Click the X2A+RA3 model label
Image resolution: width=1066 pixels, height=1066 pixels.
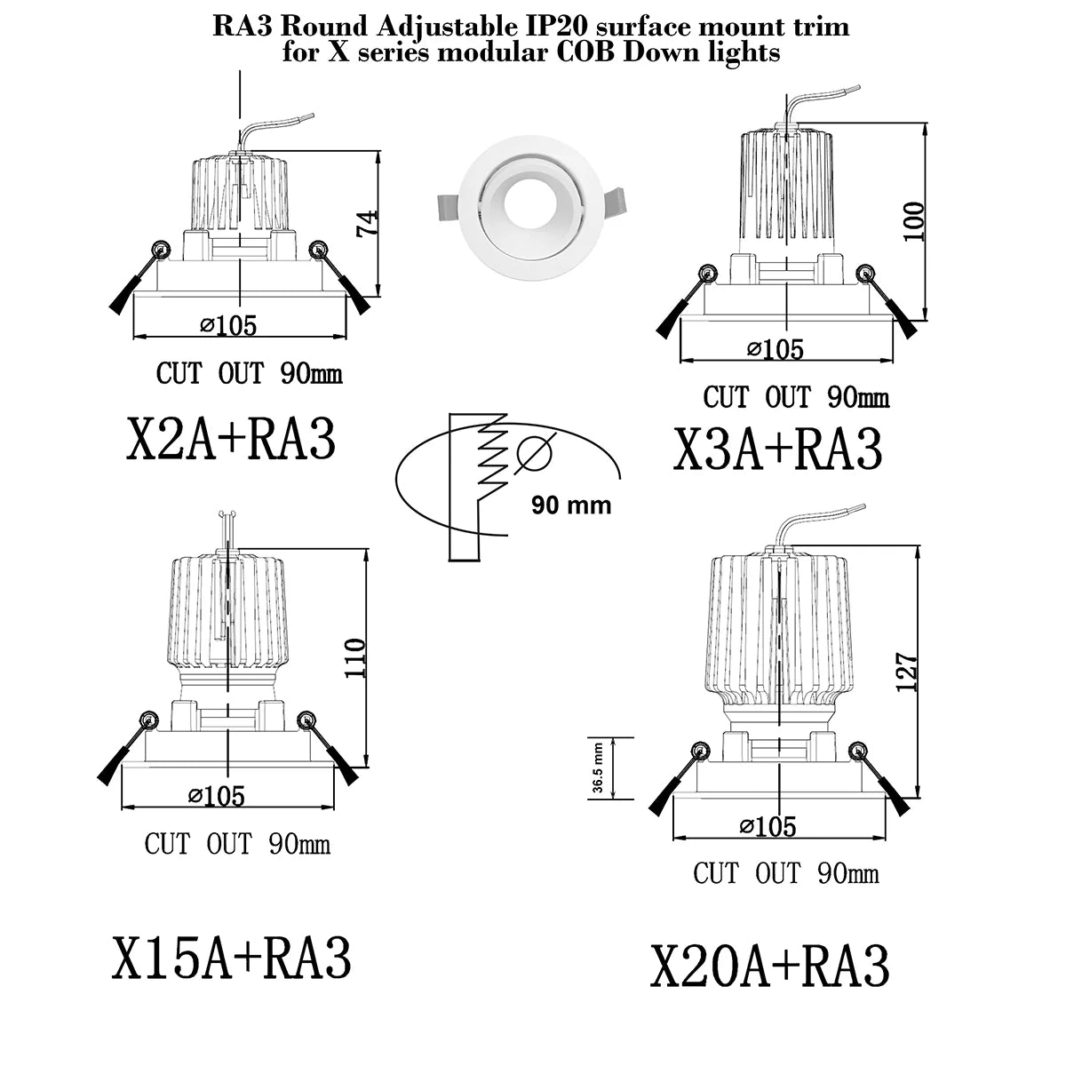[x=231, y=439]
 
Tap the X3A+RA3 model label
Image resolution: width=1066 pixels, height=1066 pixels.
[x=776, y=449]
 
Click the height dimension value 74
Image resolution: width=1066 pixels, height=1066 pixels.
[x=368, y=223]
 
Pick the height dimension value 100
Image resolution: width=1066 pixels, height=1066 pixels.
[x=913, y=221]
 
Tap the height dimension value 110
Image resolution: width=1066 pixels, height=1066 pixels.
[x=354, y=657]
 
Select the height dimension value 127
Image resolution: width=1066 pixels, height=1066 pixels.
[x=907, y=672]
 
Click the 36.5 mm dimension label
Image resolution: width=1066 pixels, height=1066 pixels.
[x=598, y=768]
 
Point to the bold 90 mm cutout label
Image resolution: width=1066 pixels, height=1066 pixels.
[x=571, y=505]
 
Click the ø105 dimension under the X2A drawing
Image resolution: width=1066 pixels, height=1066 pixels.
[x=228, y=325]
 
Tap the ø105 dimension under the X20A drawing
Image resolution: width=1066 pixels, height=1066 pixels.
[x=768, y=826]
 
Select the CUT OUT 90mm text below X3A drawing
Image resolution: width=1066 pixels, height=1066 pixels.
[x=796, y=397]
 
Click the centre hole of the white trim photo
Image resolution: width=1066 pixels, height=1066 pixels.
[x=529, y=203]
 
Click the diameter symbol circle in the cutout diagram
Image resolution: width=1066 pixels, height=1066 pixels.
[x=535, y=453]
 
